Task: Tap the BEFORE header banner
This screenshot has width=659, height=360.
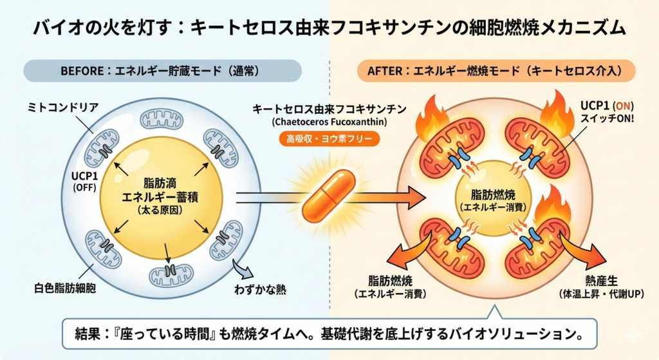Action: coord(162,70)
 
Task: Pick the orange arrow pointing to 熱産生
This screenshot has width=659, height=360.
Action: coord(582,254)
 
